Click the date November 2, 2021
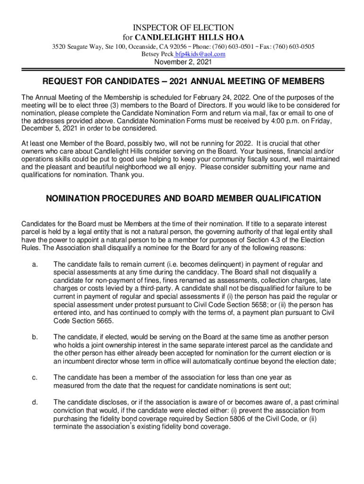point(182,62)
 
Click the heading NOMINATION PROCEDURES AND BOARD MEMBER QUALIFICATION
point(183,199)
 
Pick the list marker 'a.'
point(35,264)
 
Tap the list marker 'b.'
point(35,337)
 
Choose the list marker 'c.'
point(35,377)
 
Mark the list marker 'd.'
point(35,402)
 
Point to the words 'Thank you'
point(124,174)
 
